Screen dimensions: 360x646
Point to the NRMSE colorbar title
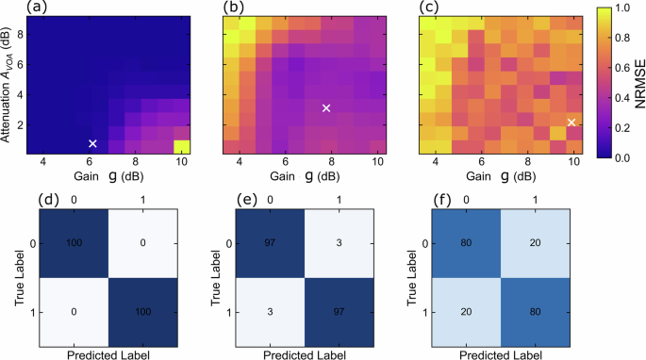(638, 81)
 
